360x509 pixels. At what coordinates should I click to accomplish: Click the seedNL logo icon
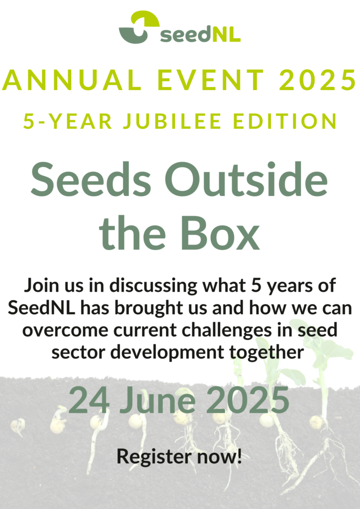[x=139, y=27]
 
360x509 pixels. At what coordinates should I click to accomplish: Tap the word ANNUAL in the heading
[x=72, y=80]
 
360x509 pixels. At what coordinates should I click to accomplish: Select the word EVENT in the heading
[x=211, y=80]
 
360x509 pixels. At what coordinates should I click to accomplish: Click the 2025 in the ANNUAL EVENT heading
[x=318, y=80]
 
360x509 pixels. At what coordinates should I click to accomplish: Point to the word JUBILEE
[x=172, y=121]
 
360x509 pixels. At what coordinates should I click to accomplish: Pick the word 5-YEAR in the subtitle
[x=68, y=121]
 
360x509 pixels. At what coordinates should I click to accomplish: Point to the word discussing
[x=153, y=286]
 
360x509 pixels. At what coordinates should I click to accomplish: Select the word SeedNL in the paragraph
[x=41, y=307]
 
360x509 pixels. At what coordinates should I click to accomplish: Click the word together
[x=267, y=352]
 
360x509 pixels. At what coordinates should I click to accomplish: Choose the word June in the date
[x=158, y=400]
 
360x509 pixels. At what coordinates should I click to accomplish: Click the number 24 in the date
[x=89, y=400]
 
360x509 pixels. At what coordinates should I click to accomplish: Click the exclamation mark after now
[x=240, y=455]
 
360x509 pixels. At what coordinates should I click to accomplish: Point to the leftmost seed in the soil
[x=18, y=425]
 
